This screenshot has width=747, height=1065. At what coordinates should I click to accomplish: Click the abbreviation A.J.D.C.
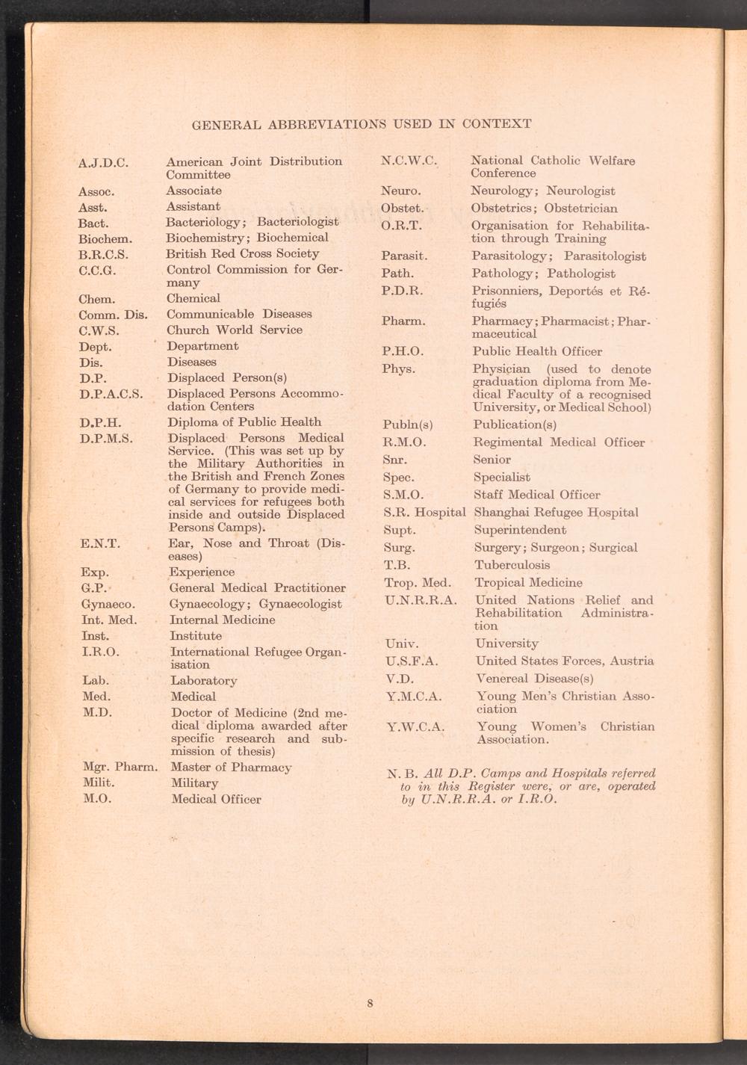(x=104, y=162)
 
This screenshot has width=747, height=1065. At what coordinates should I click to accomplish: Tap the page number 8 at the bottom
(x=370, y=1003)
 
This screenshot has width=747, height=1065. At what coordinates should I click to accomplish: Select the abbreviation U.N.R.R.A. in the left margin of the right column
(x=421, y=600)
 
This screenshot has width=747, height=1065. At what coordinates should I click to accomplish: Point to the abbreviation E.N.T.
(x=99, y=544)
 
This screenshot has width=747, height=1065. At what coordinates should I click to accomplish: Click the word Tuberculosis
(x=512, y=565)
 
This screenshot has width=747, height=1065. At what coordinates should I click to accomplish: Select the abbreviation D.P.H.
(x=100, y=423)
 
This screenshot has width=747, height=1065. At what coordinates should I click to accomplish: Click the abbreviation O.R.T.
(x=401, y=226)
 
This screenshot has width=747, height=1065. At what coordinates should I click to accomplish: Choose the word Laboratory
(x=204, y=681)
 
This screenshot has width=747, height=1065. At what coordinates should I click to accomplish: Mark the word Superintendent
(x=521, y=530)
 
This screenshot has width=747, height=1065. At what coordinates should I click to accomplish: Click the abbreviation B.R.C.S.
(x=103, y=254)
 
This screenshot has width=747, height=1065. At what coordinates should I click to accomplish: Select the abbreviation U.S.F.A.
(x=412, y=661)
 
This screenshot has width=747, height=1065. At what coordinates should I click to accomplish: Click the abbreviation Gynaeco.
(x=108, y=604)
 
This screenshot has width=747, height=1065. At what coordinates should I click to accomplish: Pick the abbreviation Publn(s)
(x=408, y=425)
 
